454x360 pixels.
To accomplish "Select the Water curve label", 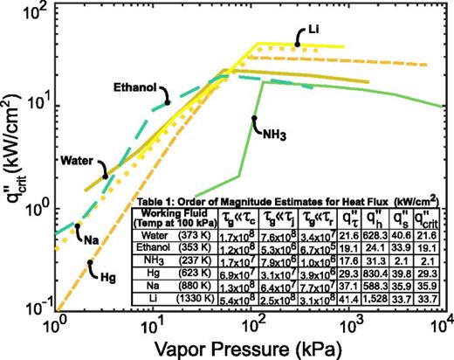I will click(x=78, y=161).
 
